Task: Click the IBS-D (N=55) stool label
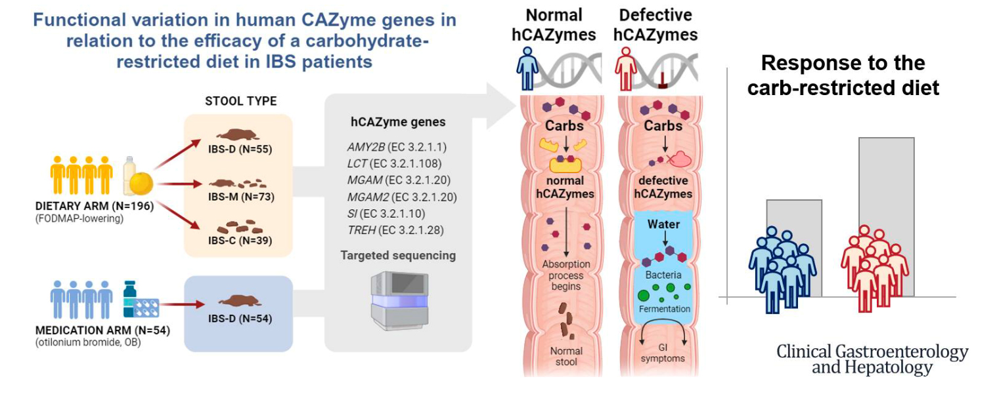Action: click(x=238, y=149)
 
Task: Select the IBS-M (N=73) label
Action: click(x=238, y=197)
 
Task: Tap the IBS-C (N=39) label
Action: click(x=238, y=241)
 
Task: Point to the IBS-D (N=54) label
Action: click(x=238, y=319)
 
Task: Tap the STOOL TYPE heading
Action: click(x=240, y=101)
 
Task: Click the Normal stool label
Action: click(x=566, y=355)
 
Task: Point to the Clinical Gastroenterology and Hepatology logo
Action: click(x=872, y=359)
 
